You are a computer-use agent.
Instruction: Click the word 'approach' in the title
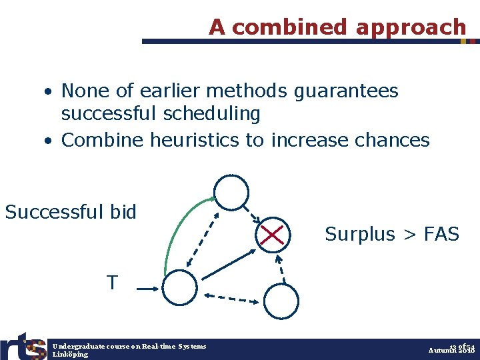click(x=411, y=27)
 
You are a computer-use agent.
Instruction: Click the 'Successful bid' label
click(x=71, y=213)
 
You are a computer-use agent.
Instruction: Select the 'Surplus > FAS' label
click(x=392, y=234)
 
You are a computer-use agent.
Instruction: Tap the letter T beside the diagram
click(x=113, y=283)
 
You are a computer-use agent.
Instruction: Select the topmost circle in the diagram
click(x=231, y=193)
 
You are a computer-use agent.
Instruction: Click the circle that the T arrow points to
click(x=180, y=287)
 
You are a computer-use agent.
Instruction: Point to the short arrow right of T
click(x=146, y=289)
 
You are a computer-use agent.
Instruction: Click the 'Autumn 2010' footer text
click(x=451, y=350)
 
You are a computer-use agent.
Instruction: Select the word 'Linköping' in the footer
click(x=70, y=355)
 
